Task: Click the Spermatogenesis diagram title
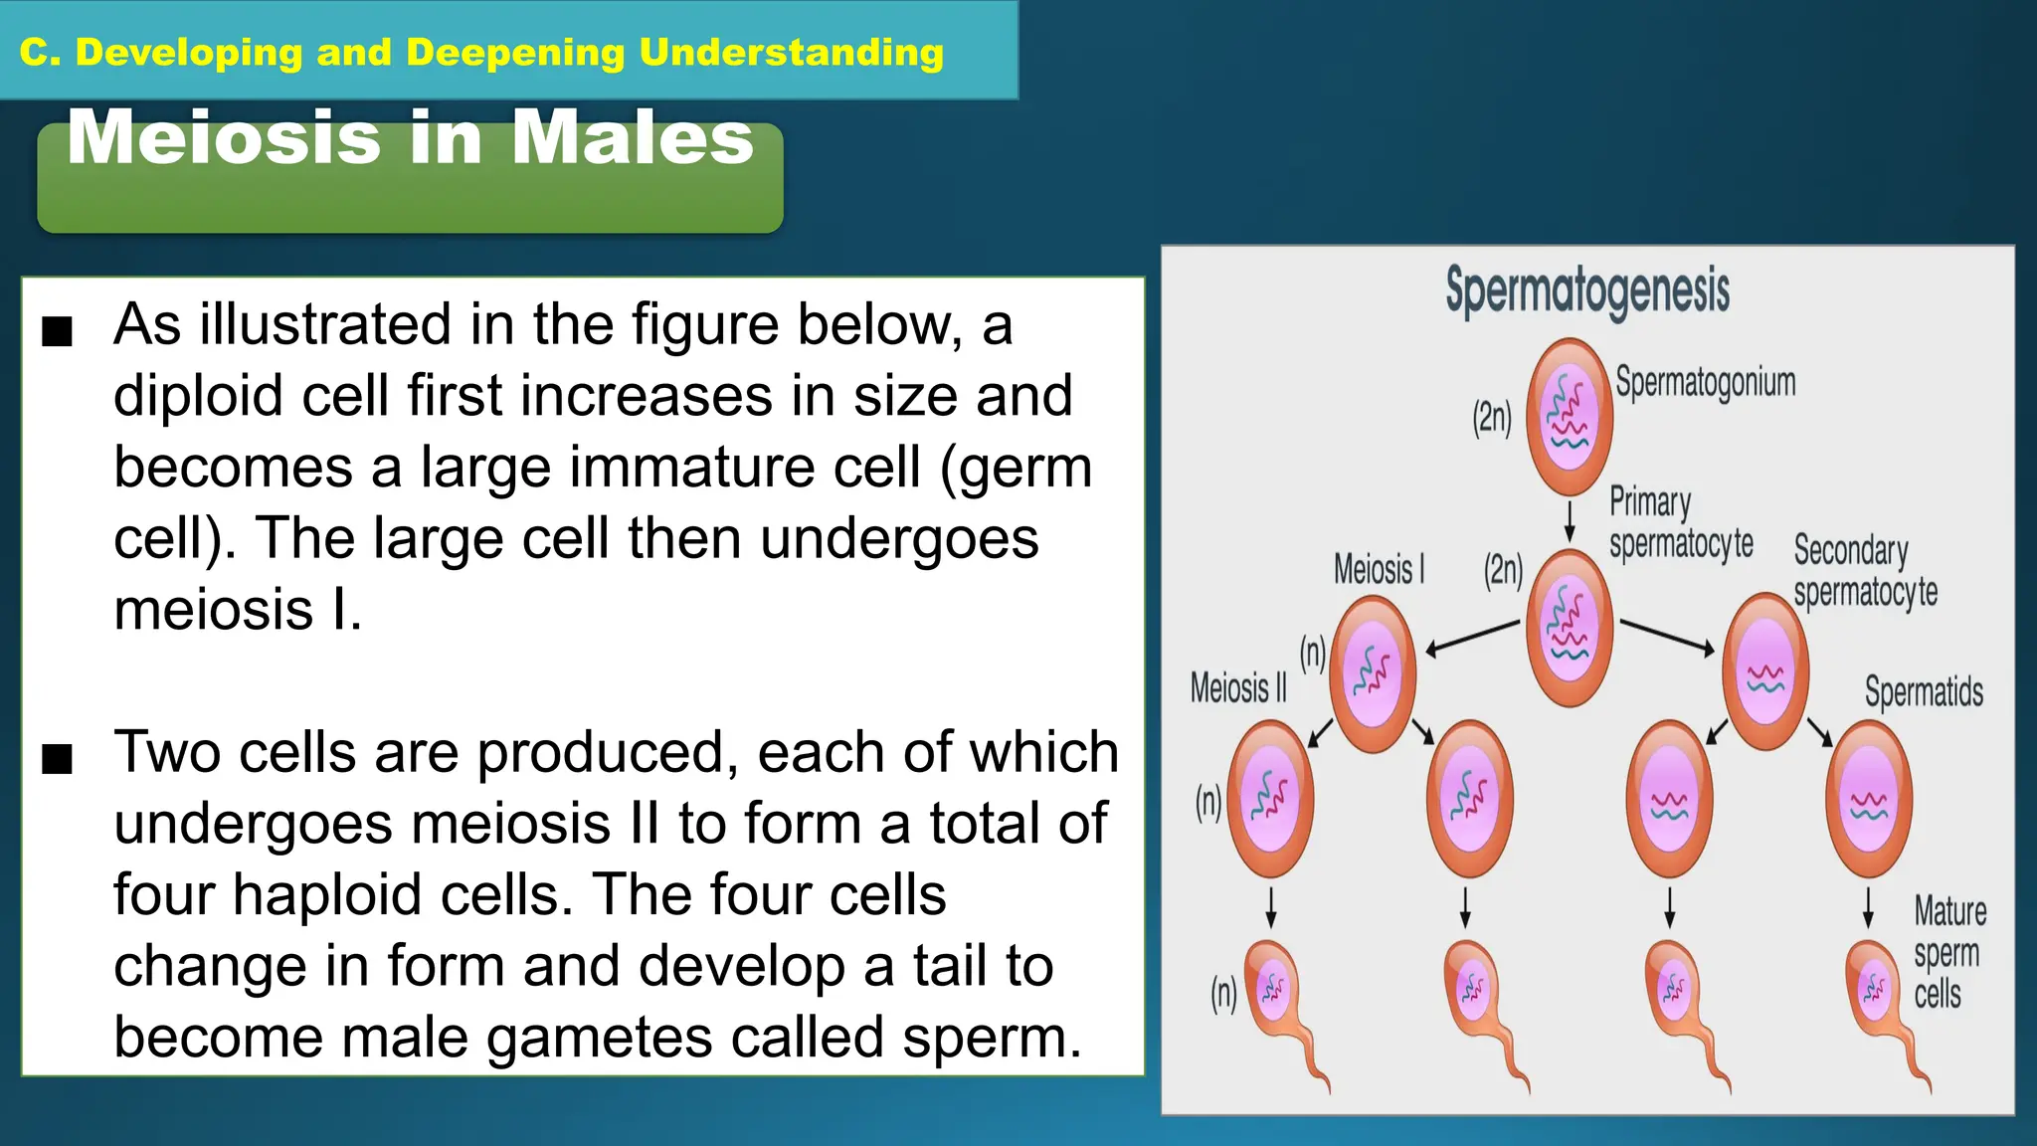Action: point(1587,290)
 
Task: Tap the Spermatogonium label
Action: point(1705,382)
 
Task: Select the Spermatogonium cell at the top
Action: point(1569,415)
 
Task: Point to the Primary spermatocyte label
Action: point(1680,523)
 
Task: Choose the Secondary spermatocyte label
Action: point(1865,571)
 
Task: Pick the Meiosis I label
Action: point(1379,570)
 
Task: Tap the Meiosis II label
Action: point(1238,687)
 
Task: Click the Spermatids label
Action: point(1924,691)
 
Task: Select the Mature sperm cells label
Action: point(1948,952)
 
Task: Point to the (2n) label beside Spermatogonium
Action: point(1492,418)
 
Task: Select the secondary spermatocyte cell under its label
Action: point(1765,671)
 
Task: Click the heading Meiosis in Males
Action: point(410,139)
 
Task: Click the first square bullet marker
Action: point(58,331)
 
